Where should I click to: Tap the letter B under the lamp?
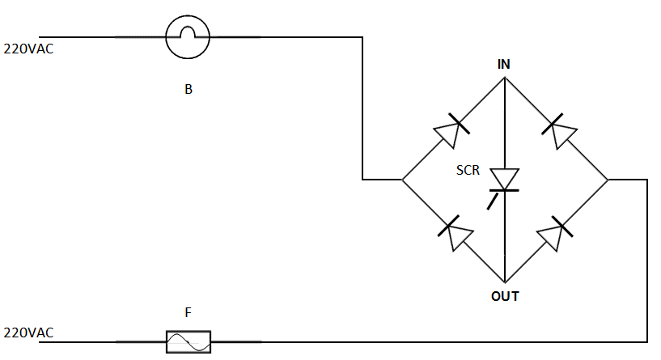pos(189,89)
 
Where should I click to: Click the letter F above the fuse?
pos(188,312)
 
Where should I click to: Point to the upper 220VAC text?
pos(28,49)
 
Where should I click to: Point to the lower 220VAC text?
pos(28,332)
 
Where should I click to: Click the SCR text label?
pos(468,170)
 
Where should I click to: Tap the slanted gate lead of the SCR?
pos(493,201)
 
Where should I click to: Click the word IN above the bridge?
pos(504,64)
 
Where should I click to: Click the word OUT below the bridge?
pos(505,296)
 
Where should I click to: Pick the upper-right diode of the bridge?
pos(559,131)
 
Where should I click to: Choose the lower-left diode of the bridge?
pos(455,233)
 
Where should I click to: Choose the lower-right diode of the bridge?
pos(555,234)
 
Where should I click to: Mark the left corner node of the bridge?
pos(402,180)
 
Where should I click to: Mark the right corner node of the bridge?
pos(608,180)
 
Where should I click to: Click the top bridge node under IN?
pos(505,77)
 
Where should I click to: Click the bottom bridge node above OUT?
pos(505,282)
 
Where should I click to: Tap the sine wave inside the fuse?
pos(189,342)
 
